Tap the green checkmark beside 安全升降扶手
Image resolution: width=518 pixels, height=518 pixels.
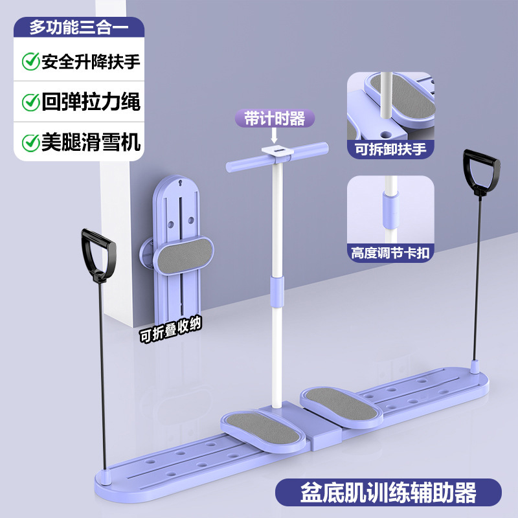30,62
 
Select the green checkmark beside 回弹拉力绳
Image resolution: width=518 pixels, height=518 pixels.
30,102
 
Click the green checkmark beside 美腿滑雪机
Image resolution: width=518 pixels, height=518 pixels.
30,142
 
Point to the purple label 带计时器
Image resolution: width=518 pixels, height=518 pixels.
275,118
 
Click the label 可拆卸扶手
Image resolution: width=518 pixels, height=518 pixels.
390,148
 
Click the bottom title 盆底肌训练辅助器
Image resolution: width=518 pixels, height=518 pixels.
387,492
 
